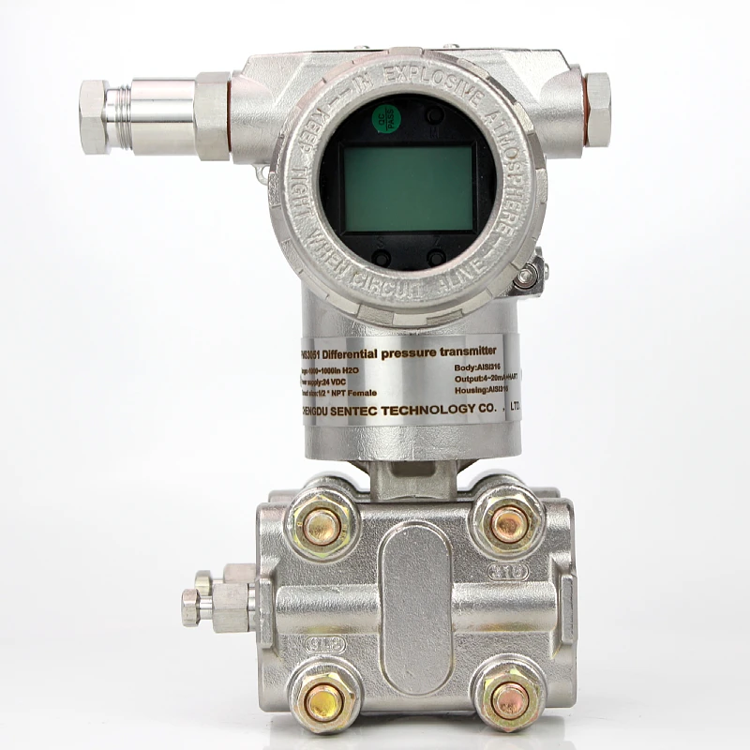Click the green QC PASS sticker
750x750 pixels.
(383, 117)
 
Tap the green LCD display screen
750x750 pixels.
(408, 187)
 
